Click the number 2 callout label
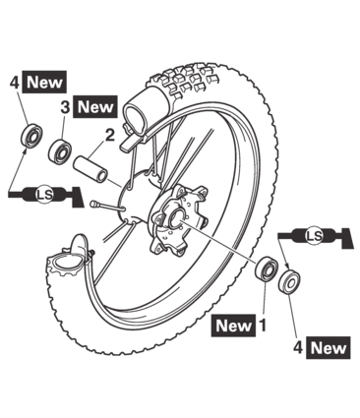point(110,135)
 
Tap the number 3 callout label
point(65,107)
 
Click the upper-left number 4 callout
point(15,83)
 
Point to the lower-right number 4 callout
point(298,347)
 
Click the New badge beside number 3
point(95,107)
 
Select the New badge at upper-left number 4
point(44,82)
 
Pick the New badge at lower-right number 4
point(328,347)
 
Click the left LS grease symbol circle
point(44,195)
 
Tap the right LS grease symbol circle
point(314,235)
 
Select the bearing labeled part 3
point(60,151)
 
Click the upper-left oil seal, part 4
point(30,136)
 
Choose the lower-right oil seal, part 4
point(289,281)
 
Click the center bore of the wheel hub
point(177,218)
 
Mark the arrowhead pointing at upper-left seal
point(25,150)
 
